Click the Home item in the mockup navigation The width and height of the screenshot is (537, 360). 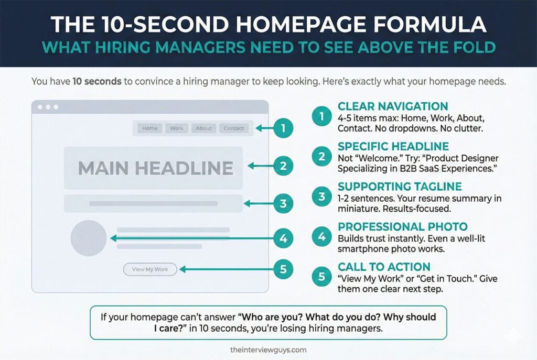tap(149, 128)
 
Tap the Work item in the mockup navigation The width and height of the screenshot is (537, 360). tap(177, 128)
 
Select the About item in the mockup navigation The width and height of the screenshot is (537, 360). tap(204, 128)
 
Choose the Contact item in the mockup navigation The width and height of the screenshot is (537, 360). tap(234, 128)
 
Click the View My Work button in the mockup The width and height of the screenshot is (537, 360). tap(150, 269)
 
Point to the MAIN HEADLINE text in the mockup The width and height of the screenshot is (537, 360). tap(156, 168)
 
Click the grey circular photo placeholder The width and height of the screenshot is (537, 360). tap(89, 238)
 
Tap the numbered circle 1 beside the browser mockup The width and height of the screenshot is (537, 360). tap(283, 128)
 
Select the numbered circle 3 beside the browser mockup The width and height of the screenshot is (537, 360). tap(283, 204)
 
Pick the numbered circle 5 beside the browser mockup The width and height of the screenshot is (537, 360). tap(283, 269)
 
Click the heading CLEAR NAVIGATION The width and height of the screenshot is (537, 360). tap(393, 106)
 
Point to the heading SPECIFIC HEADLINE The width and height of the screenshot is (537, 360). tap(393, 146)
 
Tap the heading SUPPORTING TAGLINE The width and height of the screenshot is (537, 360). tap(400, 187)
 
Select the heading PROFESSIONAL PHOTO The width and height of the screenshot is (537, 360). tap(402, 226)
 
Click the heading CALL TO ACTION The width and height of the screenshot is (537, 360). tap(384, 267)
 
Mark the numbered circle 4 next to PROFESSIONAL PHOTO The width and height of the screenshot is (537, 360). tap(321, 236)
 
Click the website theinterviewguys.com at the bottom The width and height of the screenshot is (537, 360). tap(268, 350)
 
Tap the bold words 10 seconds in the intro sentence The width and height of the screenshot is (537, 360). tap(97, 81)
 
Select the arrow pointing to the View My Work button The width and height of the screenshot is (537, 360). tap(227, 269)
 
